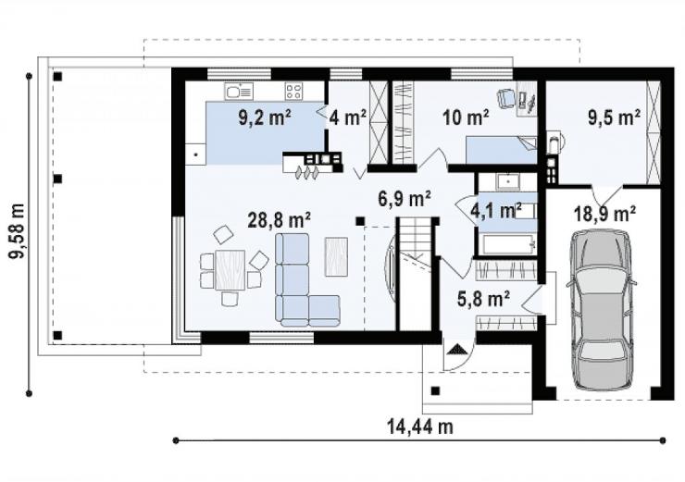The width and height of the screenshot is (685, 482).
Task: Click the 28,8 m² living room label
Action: pyautogui.click(x=280, y=219)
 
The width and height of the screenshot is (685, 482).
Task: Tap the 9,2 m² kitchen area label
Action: pyautogui.click(x=265, y=117)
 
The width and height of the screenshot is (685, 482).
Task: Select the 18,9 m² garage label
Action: pyautogui.click(x=604, y=214)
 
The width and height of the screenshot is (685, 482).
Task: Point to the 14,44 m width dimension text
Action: pyautogui.click(x=420, y=426)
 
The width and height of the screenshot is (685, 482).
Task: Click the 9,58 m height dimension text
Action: pyautogui.click(x=18, y=231)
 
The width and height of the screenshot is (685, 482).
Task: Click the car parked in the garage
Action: pyautogui.click(x=601, y=309)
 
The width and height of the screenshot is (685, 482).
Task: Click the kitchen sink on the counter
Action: pyautogui.click(x=239, y=92)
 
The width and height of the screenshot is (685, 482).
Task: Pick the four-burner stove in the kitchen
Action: pyautogui.click(x=293, y=92)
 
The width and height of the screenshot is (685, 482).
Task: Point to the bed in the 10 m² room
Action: pyautogui.click(x=501, y=150)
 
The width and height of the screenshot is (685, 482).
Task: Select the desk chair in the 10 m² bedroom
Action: pyautogui.click(x=506, y=98)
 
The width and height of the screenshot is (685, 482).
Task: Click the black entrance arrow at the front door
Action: pyautogui.click(x=457, y=349)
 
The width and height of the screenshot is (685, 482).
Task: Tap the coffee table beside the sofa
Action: pyautogui.click(x=336, y=256)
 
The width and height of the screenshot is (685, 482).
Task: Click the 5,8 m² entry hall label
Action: pyautogui.click(x=483, y=300)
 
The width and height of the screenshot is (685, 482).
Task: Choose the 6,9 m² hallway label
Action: pyautogui.click(x=405, y=199)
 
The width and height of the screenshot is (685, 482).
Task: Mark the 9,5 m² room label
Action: pyautogui.click(x=615, y=117)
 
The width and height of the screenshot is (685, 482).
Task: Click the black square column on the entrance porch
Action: pyautogui.click(x=436, y=390)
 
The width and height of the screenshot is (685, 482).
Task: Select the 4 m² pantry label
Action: pyautogui.click(x=348, y=117)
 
